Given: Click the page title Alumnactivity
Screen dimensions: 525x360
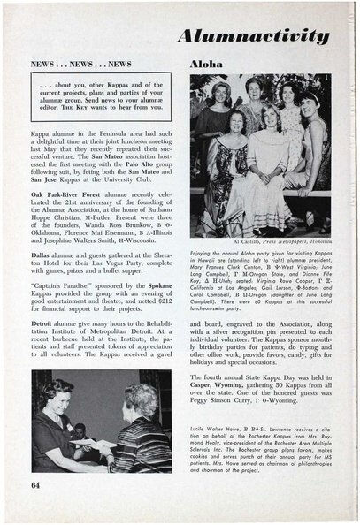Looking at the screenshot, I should click(x=271, y=35).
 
